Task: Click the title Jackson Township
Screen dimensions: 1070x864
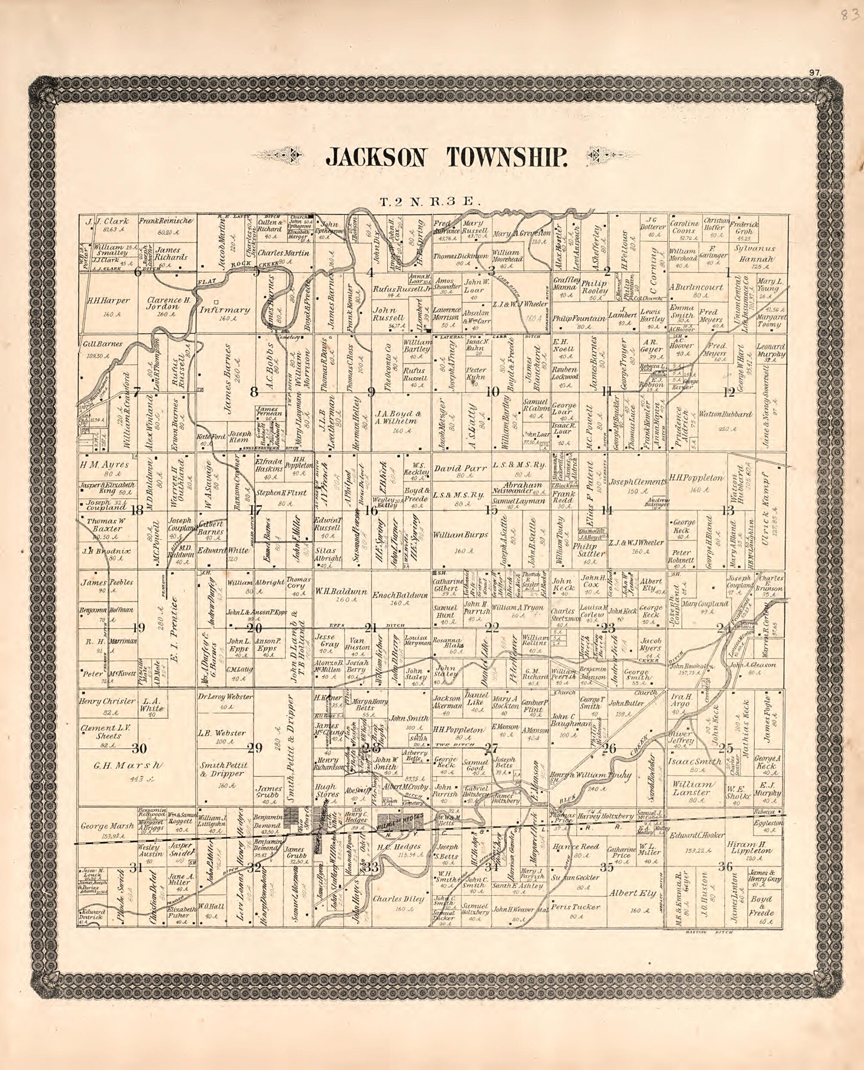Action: (x=446, y=157)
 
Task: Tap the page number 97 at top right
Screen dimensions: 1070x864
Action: (x=815, y=73)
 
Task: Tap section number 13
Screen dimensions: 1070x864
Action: (x=728, y=510)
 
